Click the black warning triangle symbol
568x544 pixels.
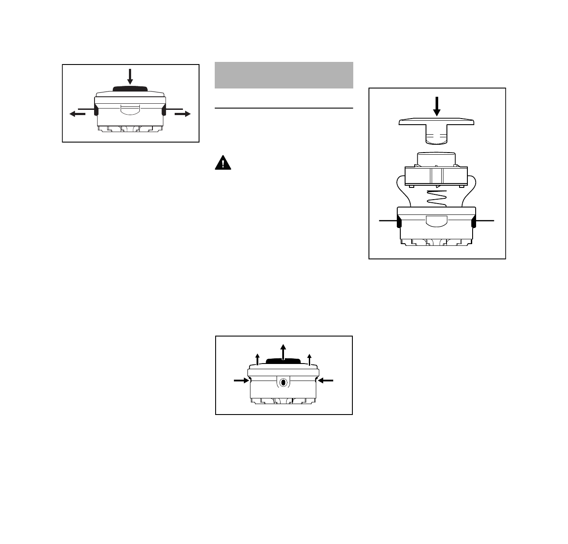pyautogui.click(x=223, y=163)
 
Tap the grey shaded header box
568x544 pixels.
pyautogui.click(x=284, y=75)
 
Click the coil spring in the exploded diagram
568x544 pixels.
pyautogui.click(x=436, y=198)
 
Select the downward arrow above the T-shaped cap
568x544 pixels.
pyautogui.click(x=437, y=106)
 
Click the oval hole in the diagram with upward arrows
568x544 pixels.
pyautogui.click(x=283, y=382)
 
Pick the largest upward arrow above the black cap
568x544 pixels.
pyautogui.click(x=283, y=351)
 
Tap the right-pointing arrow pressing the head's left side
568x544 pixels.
pyautogui.click(x=241, y=380)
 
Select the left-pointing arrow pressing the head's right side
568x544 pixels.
pyautogui.click(x=325, y=380)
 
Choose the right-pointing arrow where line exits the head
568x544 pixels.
pyautogui.click(x=183, y=114)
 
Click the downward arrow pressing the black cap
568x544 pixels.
pyautogui.click(x=130, y=76)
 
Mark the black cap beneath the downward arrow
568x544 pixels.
pyautogui.click(x=130, y=88)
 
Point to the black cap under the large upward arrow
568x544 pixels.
pyautogui.click(x=283, y=361)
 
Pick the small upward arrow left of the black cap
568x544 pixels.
pyautogui.click(x=257, y=359)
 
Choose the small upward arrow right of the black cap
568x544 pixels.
pyautogui.click(x=309, y=359)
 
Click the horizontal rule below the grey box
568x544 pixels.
pyautogui.click(x=284, y=108)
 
